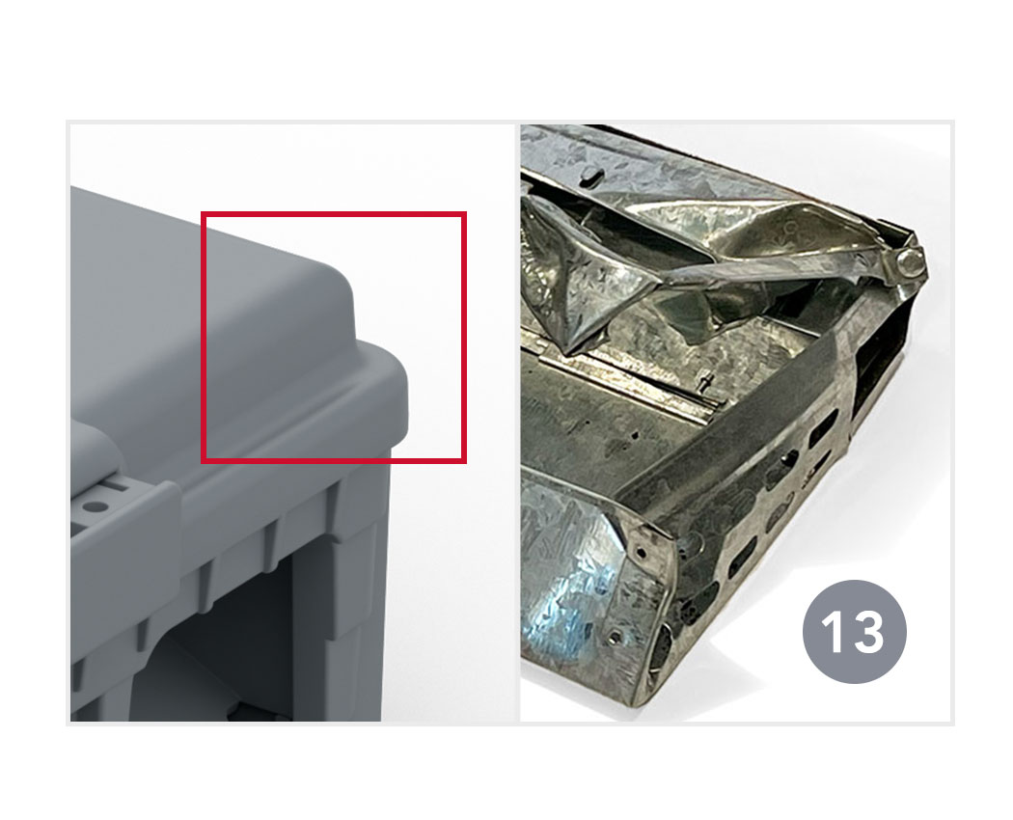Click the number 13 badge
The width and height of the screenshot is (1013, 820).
pos(854,631)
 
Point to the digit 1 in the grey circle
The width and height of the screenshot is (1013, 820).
pos(834,631)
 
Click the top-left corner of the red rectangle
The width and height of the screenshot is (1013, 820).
pos(204,214)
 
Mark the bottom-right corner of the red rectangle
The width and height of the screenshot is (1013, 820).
pos(464,461)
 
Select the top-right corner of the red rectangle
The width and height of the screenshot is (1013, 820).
pos(464,214)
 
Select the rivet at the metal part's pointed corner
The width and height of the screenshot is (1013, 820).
pos(909,260)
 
